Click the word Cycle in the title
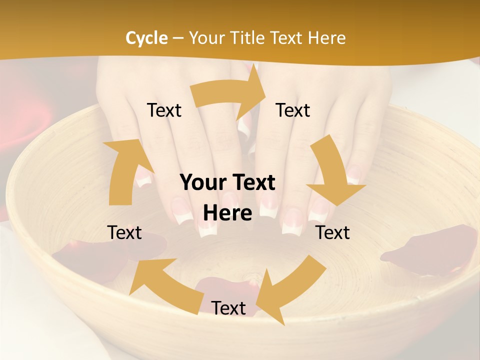[x=146, y=38]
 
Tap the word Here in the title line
[x=326, y=38]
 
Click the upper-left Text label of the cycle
[x=164, y=110]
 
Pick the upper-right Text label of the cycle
[x=292, y=110]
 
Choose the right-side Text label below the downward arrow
[x=332, y=232]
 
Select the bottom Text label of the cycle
[x=228, y=308]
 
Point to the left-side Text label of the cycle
[x=124, y=232]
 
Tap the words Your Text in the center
[x=227, y=182]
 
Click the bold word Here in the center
[x=227, y=213]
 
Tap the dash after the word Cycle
[x=178, y=38]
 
